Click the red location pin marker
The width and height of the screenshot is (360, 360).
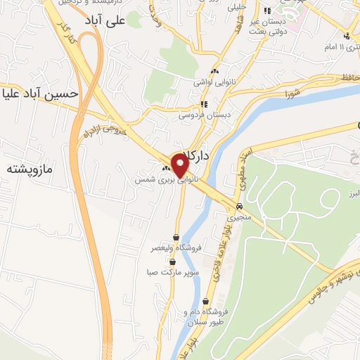180,166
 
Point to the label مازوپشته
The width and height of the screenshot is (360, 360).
31,169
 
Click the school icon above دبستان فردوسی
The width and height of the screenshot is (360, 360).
204,104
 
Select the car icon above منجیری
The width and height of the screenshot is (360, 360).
240,206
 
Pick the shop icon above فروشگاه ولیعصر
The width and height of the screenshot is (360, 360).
175,237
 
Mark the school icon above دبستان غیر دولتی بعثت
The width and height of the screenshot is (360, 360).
267,11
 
